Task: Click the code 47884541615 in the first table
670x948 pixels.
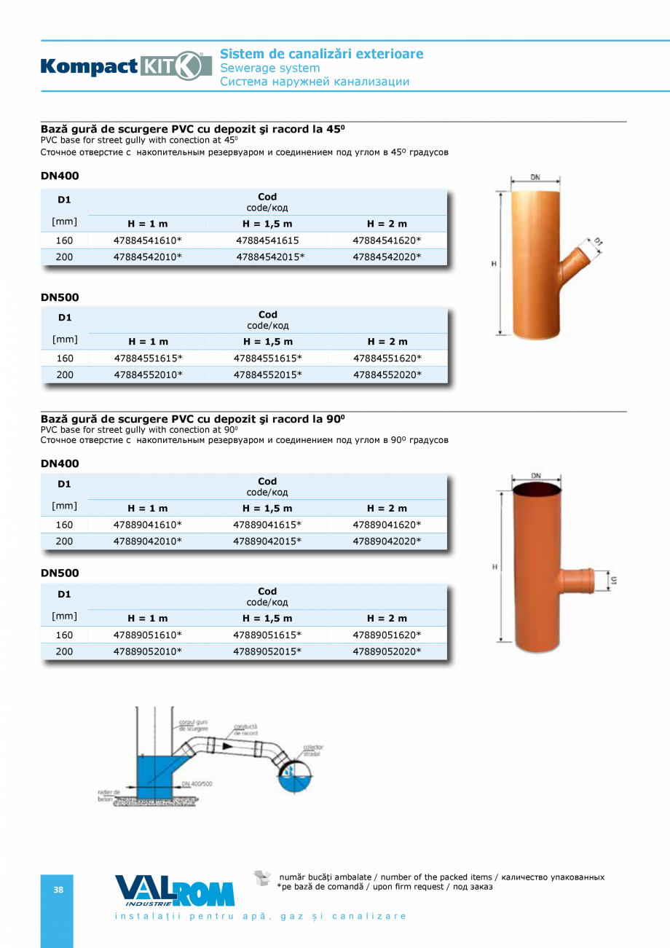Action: click(x=267, y=240)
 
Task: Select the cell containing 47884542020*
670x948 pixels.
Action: click(x=387, y=256)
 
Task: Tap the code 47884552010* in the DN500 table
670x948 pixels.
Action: click(x=148, y=375)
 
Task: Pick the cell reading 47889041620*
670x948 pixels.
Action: click(x=387, y=525)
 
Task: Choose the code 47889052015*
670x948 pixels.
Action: click(x=267, y=651)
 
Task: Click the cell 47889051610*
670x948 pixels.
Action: click(x=148, y=635)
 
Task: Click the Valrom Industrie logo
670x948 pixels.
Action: click(x=175, y=891)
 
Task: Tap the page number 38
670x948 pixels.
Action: click(x=58, y=890)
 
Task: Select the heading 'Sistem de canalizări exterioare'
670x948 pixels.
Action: click(x=321, y=54)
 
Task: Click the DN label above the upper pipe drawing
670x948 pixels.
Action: click(x=535, y=177)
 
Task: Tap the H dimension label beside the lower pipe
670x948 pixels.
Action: click(x=494, y=566)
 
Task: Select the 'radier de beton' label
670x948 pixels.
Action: click(x=108, y=795)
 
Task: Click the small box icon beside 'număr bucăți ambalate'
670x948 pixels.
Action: click(x=262, y=878)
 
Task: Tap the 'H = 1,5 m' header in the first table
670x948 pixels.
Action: click(x=267, y=224)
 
